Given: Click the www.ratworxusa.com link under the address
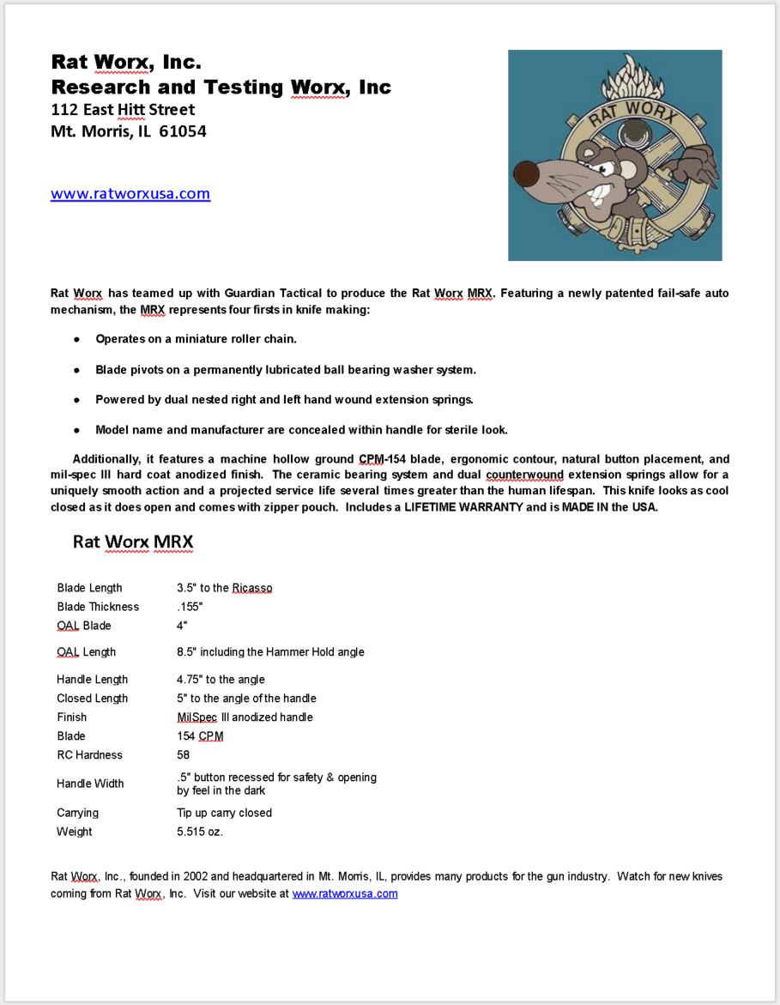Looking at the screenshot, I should [x=130, y=194].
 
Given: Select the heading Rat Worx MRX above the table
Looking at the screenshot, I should [x=133, y=542].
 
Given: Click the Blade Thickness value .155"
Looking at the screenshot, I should [x=190, y=607].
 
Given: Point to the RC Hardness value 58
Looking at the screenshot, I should [x=183, y=755].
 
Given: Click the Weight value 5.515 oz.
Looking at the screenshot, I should [x=200, y=832].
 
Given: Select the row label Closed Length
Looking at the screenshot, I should [x=93, y=699].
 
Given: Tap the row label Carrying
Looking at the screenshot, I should [x=77, y=813].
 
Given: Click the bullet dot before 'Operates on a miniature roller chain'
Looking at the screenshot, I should [x=76, y=339].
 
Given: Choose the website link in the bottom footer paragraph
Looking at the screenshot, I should [x=345, y=893].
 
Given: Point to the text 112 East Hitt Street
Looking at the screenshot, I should [x=123, y=110].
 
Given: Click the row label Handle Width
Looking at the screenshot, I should [x=90, y=784].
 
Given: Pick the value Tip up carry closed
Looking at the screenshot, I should [x=224, y=813].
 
